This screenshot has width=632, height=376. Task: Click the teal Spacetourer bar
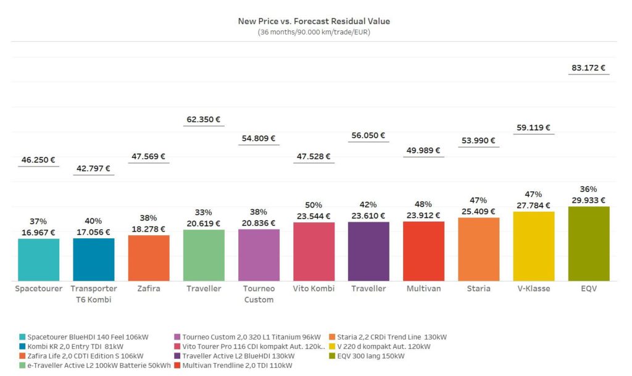[39, 259]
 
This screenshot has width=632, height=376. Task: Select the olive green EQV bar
[588, 243]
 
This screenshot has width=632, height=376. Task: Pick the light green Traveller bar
[204, 255]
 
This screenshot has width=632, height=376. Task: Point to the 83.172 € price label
[588, 68]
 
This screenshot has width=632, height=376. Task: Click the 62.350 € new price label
[204, 119]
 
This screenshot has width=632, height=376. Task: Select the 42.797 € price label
[94, 169]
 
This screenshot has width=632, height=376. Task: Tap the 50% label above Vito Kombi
[314, 204]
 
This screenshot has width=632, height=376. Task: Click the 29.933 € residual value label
[588, 200]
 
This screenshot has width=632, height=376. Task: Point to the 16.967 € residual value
[39, 233]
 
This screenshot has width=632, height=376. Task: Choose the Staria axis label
[479, 289]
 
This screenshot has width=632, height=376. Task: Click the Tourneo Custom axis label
[259, 294]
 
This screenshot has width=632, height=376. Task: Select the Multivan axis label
[424, 289]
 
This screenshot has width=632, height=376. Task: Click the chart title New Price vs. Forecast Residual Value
[314, 21]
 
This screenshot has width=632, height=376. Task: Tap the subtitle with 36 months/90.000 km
[314, 32]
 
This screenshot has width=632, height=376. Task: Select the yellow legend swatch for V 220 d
[332, 347]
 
